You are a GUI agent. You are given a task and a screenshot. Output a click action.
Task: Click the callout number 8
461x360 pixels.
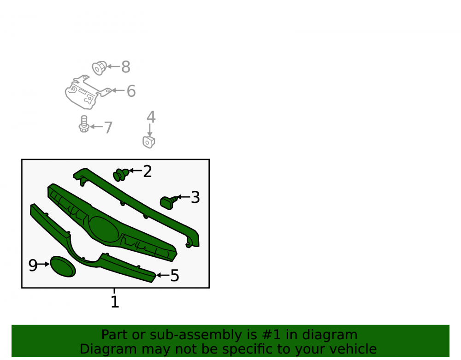pyautogui.click(x=126, y=67)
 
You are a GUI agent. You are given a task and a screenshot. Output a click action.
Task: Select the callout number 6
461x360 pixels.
pyautogui.click(x=131, y=91)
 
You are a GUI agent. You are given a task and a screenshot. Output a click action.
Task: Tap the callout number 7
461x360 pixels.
pyautogui.click(x=108, y=128)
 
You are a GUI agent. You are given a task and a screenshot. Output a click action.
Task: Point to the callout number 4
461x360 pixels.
pyautogui.click(x=151, y=117)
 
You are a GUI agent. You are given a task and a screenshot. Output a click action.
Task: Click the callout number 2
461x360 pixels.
pyautogui.click(x=148, y=171)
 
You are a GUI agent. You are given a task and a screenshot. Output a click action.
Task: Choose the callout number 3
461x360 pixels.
pyautogui.click(x=195, y=197)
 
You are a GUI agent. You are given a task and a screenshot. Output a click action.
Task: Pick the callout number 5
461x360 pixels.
pyautogui.click(x=175, y=276)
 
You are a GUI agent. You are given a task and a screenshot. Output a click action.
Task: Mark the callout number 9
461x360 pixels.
pyautogui.click(x=33, y=265)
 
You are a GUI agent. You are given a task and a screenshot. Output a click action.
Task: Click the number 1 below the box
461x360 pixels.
pyautogui.click(x=115, y=302)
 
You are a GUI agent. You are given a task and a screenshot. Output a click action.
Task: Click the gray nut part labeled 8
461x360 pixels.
pyautogui.click(x=99, y=68)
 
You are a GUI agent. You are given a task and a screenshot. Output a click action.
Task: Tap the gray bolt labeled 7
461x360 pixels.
pyautogui.click(x=84, y=124)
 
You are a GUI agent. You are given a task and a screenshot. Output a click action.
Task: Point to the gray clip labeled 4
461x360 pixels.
pyautogui.click(x=149, y=142)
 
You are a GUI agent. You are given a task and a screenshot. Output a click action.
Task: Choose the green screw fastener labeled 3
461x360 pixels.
pyautogui.click(x=169, y=202)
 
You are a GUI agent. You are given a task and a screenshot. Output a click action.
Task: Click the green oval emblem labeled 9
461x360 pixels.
pyautogui.click(x=63, y=266)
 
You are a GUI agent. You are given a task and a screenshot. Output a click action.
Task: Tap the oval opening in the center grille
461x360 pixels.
pyautogui.click(x=103, y=230)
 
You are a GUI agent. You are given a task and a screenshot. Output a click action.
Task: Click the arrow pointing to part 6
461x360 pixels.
pyautogui.click(x=118, y=90)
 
